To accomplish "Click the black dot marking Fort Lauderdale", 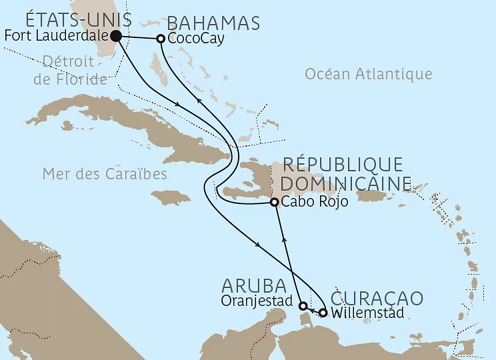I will [x=116, y=36].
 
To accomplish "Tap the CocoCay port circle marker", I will [x=161, y=39].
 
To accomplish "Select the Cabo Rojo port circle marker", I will [x=273, y=203].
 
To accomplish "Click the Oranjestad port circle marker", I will [x=303, y=306].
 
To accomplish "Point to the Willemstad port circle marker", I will [x=323, y=312].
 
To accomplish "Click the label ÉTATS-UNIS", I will [x=69, y=20].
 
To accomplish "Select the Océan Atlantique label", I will [x=368, y=74].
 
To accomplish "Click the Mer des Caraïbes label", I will [x=104, y=174].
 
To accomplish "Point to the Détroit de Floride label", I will [x=74, y=71].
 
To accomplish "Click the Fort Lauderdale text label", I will [x=56, y=37].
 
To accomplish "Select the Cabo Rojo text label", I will [x=315, y=203].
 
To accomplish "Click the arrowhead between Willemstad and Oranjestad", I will [x=313, y=310].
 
